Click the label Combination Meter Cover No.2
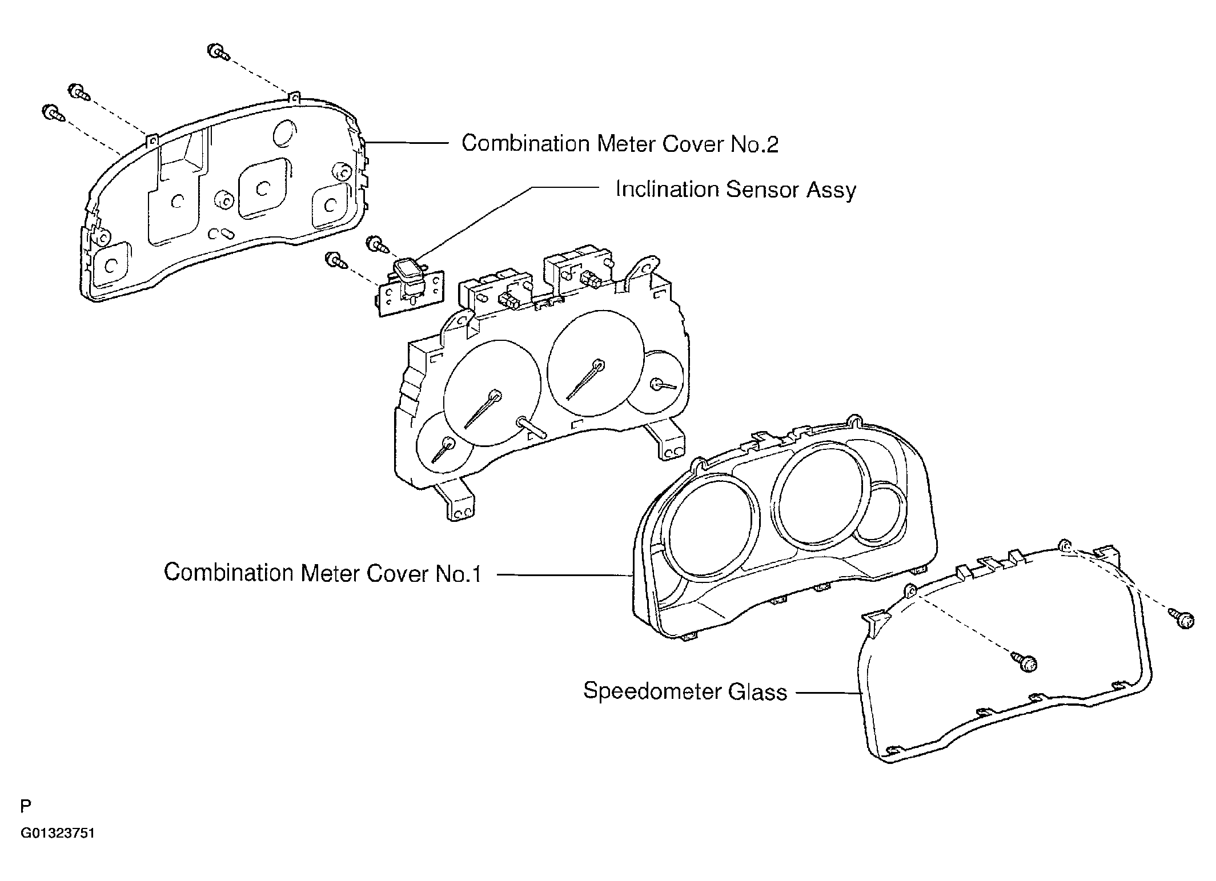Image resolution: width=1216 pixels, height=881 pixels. [x=620, y=144]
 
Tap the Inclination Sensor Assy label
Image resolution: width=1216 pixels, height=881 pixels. [x=735, y=190]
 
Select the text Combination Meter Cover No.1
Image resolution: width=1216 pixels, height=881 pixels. [x=323, y=573]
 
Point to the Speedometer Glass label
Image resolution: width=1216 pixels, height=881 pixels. [x=685, y=692]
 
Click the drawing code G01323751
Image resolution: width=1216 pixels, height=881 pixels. [x=58, y=834]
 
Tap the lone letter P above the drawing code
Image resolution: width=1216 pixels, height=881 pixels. [x=26, y=806]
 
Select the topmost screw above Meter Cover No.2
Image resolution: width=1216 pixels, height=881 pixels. [x=218, y=52]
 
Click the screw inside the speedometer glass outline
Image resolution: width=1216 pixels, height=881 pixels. [x=1026, y=662]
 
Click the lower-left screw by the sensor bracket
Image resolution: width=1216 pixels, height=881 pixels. [x=336, y=262]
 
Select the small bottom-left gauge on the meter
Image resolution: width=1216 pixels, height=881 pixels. [x=446, y=442]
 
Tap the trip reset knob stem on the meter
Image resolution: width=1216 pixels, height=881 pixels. [x=531, y=427]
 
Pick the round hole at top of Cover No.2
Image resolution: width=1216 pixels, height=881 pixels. [x=284, y=133]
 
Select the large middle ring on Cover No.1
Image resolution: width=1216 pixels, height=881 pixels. [x=820, y=494]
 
